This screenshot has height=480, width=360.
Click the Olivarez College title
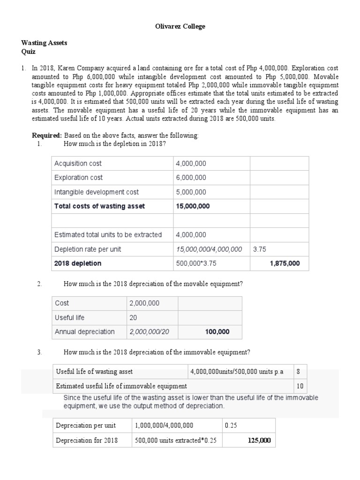pyautogui.click(x=180, y=27)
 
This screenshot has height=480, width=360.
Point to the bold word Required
pyautogui.click(x=46, y=135)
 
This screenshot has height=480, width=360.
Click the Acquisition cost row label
pyautogui.click(x=78, y=163)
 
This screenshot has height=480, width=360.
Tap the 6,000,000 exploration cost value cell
pyautogui.click(x=191, y=178)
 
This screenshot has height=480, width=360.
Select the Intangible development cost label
pyautogui.click(x=97, y=192)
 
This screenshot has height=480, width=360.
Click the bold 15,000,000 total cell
pyautogui.click(x=193, y=206)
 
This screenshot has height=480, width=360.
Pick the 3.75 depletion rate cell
pyautogui.click(x=259, y=249)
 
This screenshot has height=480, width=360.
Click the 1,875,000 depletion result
pyautogui.click(x=285, y=263)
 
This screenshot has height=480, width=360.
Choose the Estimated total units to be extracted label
pyautogui.click(x=108, y=235)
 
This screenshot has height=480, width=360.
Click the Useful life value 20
pyautogui.click(x=133, y=317)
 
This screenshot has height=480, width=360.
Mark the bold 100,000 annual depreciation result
pyautogui.click(x=217, y=332)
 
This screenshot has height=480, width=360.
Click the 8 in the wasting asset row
pyautogui.click(x=299, y=372)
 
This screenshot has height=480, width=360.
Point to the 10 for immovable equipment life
pyautogui.click(x=300, y=386)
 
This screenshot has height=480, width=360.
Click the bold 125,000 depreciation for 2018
pyautogui.click(x=259, y=441)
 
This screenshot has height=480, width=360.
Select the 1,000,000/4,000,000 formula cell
pyautogui.click(x=164, y=426)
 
